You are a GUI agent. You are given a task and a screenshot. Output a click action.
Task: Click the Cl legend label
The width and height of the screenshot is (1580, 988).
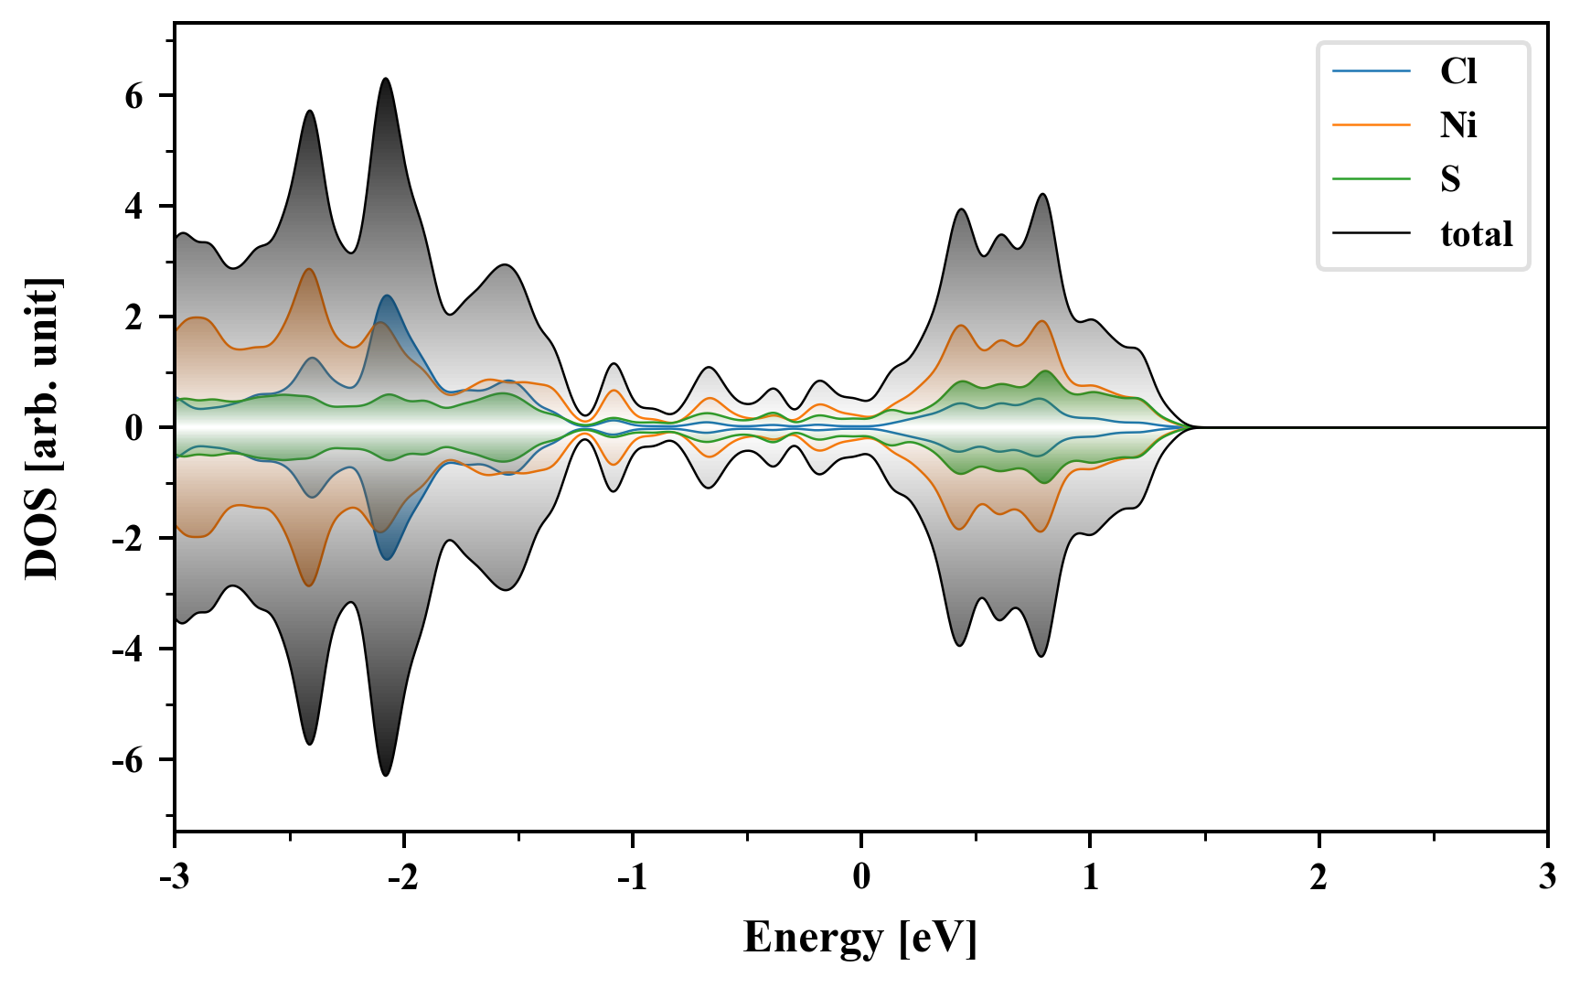[1457, 71]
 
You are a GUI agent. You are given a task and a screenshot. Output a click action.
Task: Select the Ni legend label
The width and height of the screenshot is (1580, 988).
[1458, 125]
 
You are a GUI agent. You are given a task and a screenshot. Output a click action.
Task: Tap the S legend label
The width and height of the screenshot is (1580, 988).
[1450, 179]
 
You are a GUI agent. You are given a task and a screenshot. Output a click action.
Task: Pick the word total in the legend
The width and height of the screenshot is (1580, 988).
[1476, 234]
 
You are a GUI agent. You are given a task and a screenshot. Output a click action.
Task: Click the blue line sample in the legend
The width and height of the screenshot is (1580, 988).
[1371, 71]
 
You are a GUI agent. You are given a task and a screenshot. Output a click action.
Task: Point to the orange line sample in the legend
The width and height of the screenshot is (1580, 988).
[1371, 125]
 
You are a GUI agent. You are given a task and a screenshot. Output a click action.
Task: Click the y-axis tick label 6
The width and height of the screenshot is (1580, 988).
[134, 96]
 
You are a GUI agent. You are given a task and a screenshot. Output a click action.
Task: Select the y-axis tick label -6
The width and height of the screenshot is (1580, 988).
[128, 760]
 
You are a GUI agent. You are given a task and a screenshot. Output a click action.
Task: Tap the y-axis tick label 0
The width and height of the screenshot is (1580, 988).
[134, 428]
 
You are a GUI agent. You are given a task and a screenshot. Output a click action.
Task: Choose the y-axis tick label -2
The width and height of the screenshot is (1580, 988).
[128, 539]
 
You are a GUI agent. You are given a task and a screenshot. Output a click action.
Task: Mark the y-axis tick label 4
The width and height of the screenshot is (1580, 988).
[134, 207]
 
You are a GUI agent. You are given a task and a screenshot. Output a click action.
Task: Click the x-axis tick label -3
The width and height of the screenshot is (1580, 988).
[174, 877]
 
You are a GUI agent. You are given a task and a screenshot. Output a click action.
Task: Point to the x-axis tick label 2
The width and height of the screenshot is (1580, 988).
[1318, 877]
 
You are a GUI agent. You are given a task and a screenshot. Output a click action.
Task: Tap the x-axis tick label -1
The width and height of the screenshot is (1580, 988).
[631, 877]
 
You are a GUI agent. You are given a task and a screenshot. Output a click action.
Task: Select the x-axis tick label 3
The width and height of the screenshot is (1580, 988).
[1546, 877]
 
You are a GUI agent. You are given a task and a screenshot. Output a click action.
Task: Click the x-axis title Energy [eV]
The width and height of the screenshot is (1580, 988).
[860, 938]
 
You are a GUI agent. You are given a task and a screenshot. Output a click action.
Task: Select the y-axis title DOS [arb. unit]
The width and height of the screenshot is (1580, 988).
[42, 428]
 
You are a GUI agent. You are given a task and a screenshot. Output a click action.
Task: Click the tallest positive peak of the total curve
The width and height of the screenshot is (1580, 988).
[386, 79]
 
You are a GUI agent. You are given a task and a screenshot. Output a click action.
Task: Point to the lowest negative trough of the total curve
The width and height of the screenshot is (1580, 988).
[386, 776]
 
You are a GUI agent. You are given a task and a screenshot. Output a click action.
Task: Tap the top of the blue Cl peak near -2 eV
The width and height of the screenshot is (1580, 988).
[387, 295]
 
